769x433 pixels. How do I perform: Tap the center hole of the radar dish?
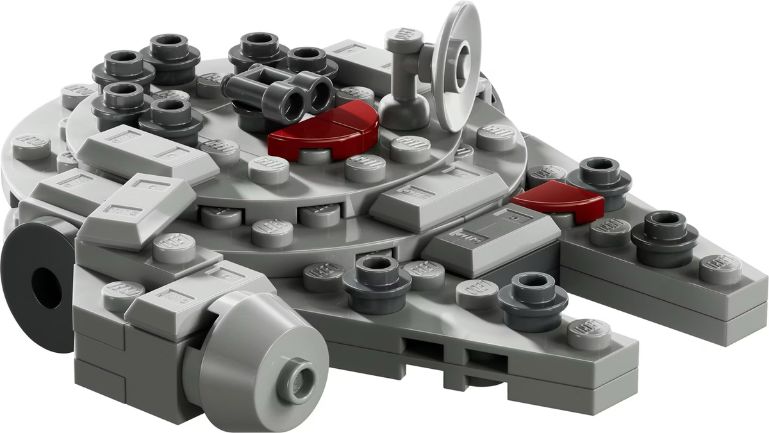pyautogui.click(x=463, y=59)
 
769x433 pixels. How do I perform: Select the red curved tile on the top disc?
pyautogui.click(x=322, y=132)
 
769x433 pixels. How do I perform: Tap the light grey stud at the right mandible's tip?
pyautogui.click(x=720, y=269)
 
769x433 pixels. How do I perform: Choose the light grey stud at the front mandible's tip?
pyautogui.click(x=588, y=334)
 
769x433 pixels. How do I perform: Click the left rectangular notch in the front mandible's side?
pyautogui.click(x=420, y=350)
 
